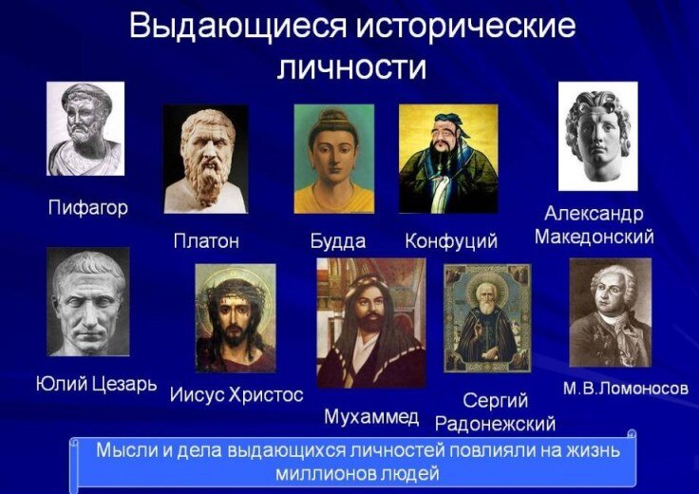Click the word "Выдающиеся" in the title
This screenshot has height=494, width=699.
point(236,27)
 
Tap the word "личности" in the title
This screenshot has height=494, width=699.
point(351,67)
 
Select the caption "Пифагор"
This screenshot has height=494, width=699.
point(87,208)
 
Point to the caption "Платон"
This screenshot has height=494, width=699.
point(206,241)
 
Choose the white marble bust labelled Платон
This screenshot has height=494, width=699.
point(205,158)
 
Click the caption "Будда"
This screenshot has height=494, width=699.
point(337,241)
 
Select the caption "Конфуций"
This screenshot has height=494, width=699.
point(451,241)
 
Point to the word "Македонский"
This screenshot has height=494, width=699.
point(594,237)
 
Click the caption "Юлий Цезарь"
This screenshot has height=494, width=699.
point(96,386)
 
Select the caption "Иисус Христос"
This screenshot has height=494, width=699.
point(236,394)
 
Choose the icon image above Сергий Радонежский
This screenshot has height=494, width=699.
point(487,318)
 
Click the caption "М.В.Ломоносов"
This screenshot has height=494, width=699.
point(625,389)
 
